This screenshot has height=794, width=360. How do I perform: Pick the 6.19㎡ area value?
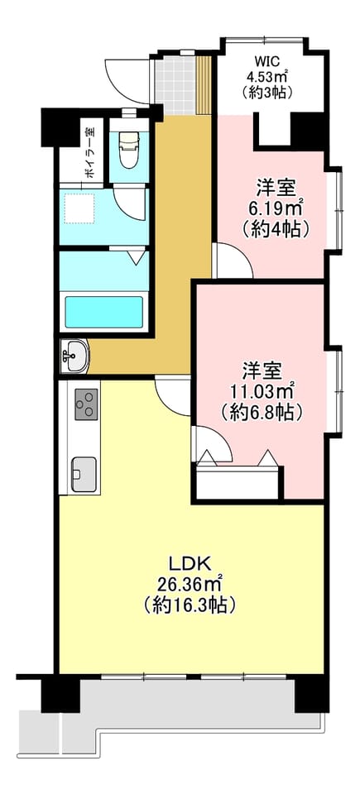point(276,207)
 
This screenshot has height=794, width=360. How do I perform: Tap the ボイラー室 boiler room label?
point(90,152)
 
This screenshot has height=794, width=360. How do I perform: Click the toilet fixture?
point(129,149)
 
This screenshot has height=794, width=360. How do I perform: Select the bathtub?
point(104,311)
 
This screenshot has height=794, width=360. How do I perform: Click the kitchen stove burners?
point(86,404)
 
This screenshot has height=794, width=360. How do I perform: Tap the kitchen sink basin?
point(84,474)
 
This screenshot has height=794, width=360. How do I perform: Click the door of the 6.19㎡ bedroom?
point(233,261)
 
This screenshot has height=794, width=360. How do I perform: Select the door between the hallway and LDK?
point(172,395)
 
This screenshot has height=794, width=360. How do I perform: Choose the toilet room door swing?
point(130,203)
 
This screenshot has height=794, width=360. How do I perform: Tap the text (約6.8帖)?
point(262,412)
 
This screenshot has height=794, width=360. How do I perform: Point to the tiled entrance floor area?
point(177,85)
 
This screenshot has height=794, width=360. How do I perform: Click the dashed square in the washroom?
point(79,208)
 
